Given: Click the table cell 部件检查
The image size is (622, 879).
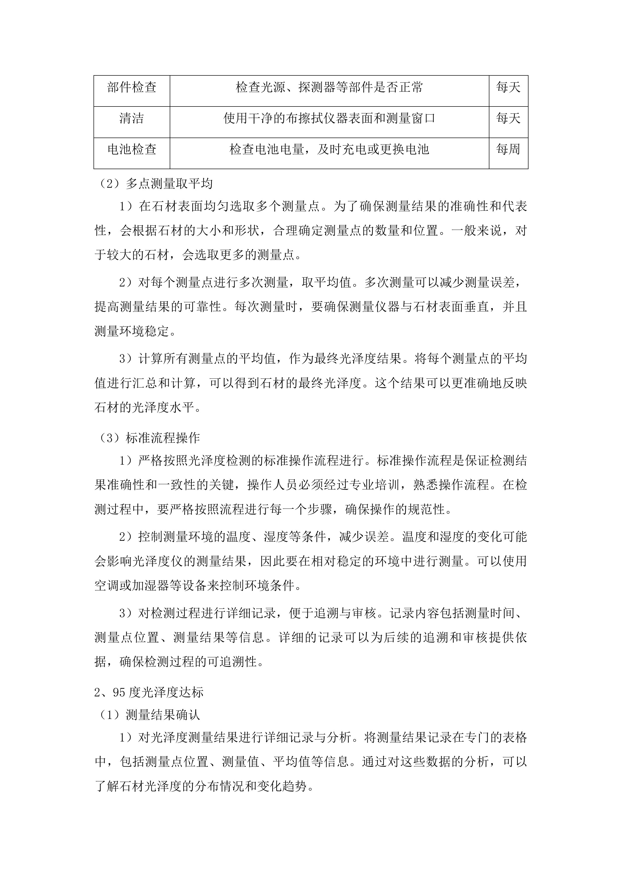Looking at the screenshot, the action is pyautogui.click(x=132, y=88).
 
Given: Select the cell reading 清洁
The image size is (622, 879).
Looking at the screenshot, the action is pyautogui.click(x=132, y=119).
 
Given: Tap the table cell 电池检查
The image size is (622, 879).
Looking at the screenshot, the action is pyautogui.click(x=132, y=149).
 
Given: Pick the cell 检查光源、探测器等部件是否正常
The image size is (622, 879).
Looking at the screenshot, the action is pyautogui.click(x=329, y=88).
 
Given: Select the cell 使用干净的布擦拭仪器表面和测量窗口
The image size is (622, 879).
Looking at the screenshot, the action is pyautogui.click(x=329, y=119).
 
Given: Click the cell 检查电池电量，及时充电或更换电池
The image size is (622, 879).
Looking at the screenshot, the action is pyautogui.click(x=329, y=149).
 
